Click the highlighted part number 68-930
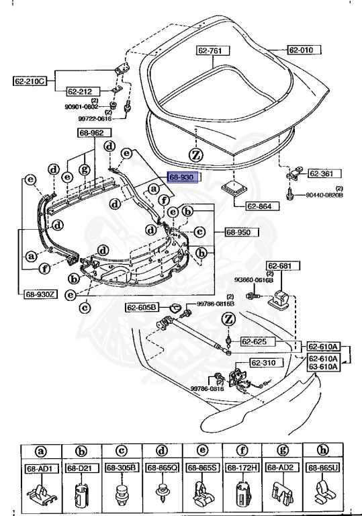181,177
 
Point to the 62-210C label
29,82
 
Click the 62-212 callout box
82,91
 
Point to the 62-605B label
142,307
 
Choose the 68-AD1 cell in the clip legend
40,468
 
